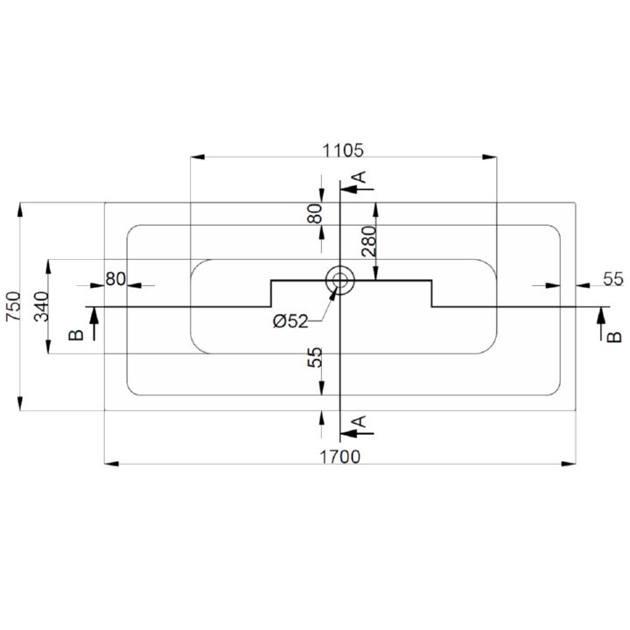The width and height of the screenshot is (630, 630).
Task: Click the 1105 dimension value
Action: pos(343,150)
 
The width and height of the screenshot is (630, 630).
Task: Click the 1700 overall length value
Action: pos(339,457)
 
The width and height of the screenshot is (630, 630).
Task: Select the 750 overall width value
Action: pos(14,306)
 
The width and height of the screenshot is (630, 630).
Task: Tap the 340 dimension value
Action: pos(42,306)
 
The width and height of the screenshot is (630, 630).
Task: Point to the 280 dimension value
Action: pos(369,241)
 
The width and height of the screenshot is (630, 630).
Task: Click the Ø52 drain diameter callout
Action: pos(290,321)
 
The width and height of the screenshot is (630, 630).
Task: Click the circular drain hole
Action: pos(339,280)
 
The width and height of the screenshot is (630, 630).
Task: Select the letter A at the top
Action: pos(360,177)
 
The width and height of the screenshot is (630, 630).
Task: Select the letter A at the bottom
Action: pos(360,422)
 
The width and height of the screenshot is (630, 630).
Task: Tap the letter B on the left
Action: pos(76,335)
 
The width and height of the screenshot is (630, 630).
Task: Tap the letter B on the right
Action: pos(614,337)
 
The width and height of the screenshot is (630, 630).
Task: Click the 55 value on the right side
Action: pos(613,279)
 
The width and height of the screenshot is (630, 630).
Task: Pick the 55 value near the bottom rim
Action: pos(315,357)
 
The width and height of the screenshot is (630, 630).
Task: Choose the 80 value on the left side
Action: pos(115,279)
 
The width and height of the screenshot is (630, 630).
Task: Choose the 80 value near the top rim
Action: pos(315,213)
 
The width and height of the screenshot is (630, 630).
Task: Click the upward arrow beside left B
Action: pos(94,324)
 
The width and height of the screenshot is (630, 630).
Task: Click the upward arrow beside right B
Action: pos(601,324)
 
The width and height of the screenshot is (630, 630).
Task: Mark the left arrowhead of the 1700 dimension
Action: pos(112,464)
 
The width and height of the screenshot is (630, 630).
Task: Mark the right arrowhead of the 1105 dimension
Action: pos(489,157)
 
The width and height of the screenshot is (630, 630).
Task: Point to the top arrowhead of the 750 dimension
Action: pos(20,210)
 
